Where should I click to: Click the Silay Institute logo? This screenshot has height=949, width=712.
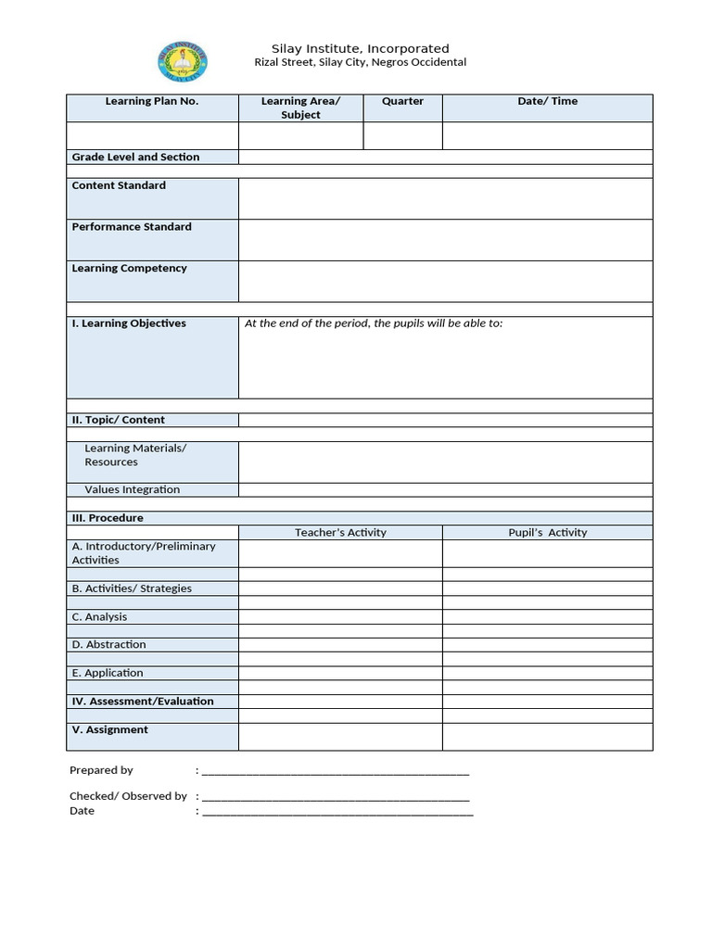pos(183,62)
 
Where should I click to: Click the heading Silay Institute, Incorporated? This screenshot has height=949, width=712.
pos(360,48)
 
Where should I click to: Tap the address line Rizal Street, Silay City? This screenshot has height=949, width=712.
pos(360,63)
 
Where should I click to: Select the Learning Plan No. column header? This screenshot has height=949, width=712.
pos(152,101)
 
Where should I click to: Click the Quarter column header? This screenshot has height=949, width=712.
pos(402,101)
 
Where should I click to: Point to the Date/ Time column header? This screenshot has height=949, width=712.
pos(547,101)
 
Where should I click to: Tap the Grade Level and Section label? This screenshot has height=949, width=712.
pos(135,157)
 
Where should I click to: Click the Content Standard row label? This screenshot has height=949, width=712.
pos(119,185)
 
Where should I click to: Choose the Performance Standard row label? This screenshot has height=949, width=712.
pos(132,227)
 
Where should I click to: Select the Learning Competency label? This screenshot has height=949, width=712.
pos(129,269)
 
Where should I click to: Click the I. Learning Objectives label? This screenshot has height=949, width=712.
pos(129,323)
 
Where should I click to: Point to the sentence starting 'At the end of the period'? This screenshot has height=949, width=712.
pos(374,323)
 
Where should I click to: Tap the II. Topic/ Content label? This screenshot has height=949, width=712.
pos(119,420)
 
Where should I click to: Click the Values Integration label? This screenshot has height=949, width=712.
pos(133,489)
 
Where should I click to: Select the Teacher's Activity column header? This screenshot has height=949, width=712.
pos(340,533)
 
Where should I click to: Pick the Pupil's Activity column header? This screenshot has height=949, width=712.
pos(547,533)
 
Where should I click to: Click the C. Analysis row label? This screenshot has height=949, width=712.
pos(100,616)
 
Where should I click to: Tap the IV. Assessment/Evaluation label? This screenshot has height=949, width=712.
pos(143,702)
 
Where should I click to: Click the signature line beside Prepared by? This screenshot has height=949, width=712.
pos(335,772)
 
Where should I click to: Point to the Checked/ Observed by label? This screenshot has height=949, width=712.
pos(128,796)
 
